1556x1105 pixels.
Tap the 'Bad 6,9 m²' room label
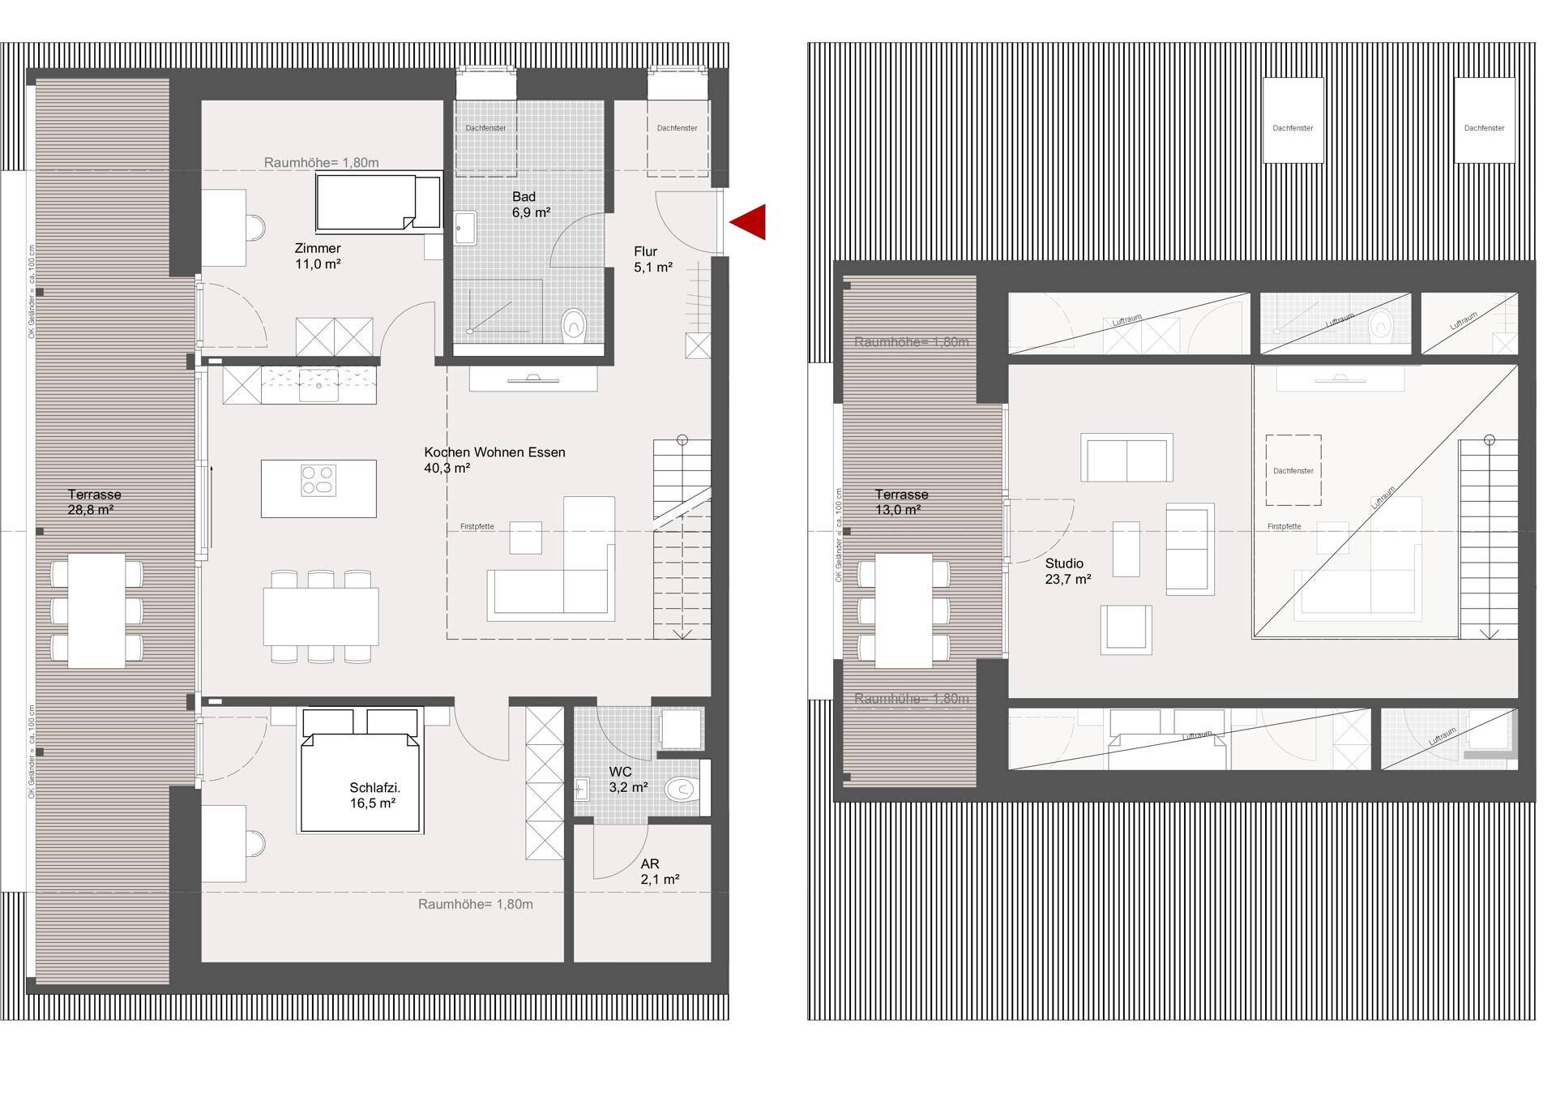[x=531, y=204]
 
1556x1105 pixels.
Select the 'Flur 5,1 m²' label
[x=652, y=259]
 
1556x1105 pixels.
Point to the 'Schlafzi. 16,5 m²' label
[x=374, y=795]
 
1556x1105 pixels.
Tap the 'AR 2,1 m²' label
[x=659, y=872]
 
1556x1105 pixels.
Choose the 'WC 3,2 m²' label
[x=627, y=779]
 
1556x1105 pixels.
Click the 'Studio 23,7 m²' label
[x=1067, y=571]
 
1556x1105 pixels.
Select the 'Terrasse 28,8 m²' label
[x=94, y=502]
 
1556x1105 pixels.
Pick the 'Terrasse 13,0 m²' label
[x=901, y=502]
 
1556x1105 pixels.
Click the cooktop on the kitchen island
[x=318, y=480]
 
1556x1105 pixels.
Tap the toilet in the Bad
[x=574, y=324]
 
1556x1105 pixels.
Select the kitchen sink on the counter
[x=319, y=384]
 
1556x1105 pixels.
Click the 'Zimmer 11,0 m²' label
[x=318, y=256]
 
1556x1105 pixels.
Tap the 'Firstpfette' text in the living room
[x=477, y=527]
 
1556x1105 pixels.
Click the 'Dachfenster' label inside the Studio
[x=1293, y=471]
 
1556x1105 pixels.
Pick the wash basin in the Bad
[x=465, y=228]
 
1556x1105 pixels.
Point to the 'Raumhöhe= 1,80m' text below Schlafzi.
[x=475, y=904]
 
